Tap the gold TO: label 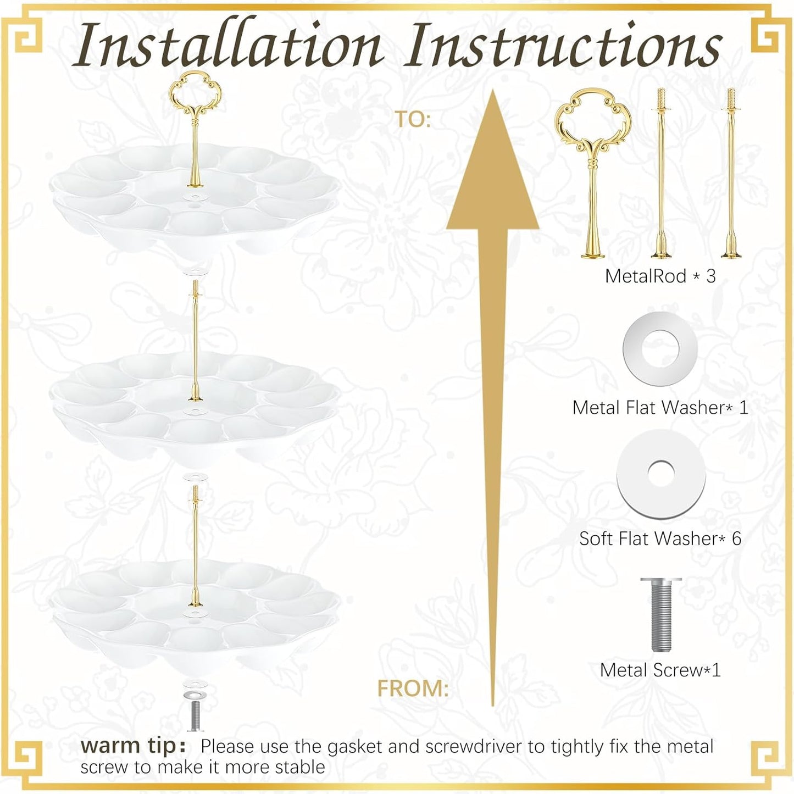(413, 120)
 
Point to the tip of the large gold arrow (493, 90)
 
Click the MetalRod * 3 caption (660, 276)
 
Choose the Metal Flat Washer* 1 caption (660, 408)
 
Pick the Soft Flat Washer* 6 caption (660, 538)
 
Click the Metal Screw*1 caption (660, 670)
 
